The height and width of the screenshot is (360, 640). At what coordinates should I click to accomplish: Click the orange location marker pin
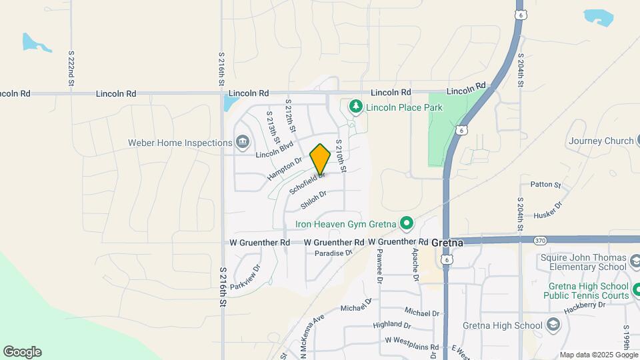321,159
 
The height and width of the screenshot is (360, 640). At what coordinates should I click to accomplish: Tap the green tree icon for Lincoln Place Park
356,106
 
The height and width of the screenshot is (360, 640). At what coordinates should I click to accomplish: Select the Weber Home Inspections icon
242,142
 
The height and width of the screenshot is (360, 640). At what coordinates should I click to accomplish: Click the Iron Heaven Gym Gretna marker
406,223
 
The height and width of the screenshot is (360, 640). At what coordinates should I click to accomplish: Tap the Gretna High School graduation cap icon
553,325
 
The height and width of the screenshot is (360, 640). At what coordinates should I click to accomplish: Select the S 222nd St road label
71,69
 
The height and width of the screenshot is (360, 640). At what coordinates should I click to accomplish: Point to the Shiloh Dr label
313,199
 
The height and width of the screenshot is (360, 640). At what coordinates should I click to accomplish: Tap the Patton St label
546,184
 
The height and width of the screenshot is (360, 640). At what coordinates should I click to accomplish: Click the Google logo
22,352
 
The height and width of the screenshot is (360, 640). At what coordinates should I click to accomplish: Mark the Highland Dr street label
393,325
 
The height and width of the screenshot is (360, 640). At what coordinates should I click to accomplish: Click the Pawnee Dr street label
379,267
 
